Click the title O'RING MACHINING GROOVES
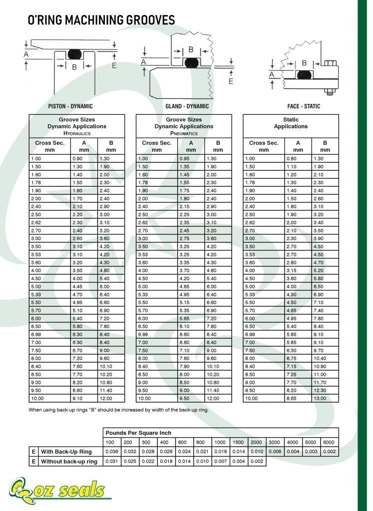101,20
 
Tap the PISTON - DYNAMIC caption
70,106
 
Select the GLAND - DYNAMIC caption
187,106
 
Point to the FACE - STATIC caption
304,106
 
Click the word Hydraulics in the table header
76,133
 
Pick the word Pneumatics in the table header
184,133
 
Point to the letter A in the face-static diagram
272,74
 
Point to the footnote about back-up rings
118,410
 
